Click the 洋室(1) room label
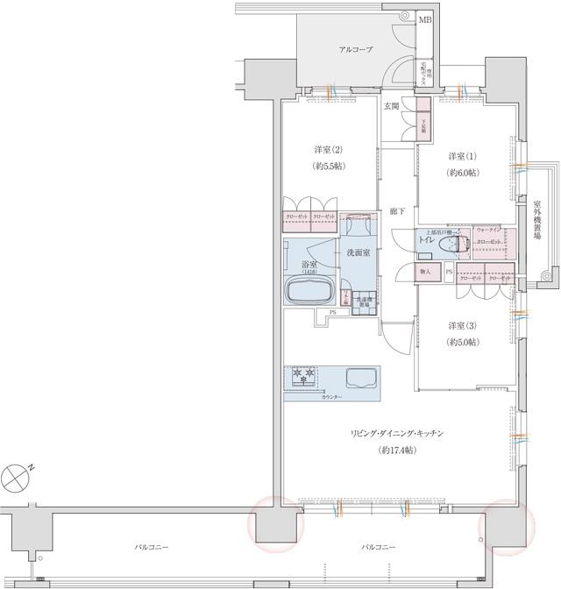click(x=455, y=157)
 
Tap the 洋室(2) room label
click(x=327, y=148)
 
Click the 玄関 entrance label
click(x=391, y=106)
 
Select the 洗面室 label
click(x=358, y=252)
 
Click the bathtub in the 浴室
click(x=309, y=289)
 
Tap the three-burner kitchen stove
click(x=302, y=376)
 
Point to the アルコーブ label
click(x=356, y=50)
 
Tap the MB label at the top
click(x=424, y=18)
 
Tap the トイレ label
click(x=427, y=238)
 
